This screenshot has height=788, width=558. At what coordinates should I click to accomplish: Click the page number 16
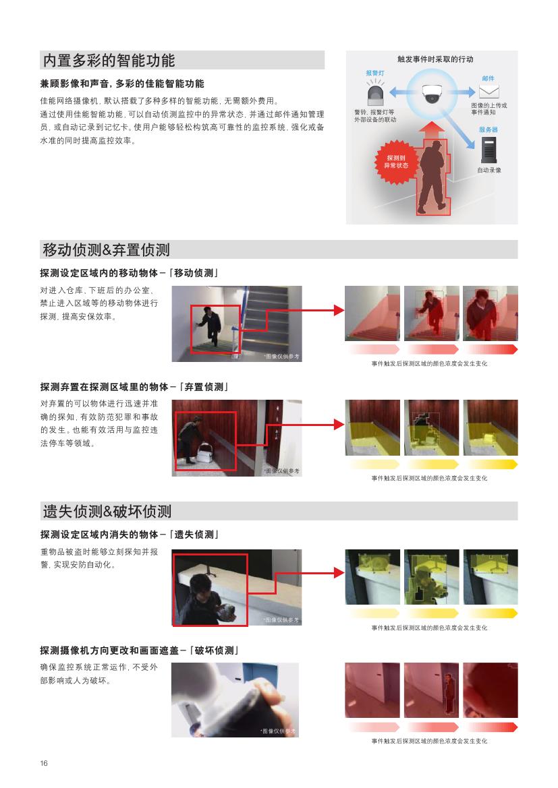click(44, 763)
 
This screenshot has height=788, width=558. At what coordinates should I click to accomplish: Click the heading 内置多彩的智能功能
click(109, 60)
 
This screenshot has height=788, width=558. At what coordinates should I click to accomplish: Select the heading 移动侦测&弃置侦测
click(106, 250)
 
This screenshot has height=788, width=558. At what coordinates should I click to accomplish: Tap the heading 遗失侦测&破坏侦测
click(107, 511)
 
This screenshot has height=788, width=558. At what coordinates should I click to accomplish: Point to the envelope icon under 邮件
click(489, 92)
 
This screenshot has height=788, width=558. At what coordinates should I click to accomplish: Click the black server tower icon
click(489, 150)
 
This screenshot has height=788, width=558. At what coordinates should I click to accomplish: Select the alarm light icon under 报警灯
click(375, 94)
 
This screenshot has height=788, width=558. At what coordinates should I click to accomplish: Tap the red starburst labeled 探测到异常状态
click(397, 162)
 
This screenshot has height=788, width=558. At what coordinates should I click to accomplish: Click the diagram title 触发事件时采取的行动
click(435, 59)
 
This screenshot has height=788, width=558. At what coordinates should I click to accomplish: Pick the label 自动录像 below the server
click(489, 171)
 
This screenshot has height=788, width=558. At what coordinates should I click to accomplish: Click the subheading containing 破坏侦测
click(140, 650)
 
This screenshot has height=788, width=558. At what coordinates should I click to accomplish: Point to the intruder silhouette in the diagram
click(433, 177)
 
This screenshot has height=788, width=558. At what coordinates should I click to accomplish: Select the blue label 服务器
click(488, 129)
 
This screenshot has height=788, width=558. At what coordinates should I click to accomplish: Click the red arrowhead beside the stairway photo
click(339, 310)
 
